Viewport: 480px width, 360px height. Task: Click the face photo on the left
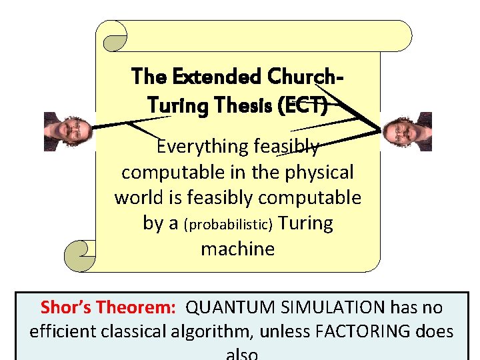pos(61,131)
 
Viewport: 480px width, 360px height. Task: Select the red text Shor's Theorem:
pos(108,307)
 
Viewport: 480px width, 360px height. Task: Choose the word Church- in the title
pos(305,77)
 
